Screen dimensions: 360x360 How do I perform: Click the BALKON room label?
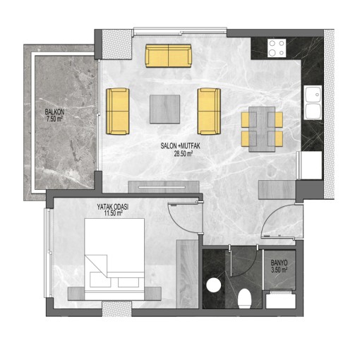[54, 112]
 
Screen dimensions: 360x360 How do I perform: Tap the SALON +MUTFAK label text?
[180, 146]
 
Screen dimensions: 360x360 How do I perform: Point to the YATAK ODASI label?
[113, 207]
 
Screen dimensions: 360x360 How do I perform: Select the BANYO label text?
[279, 263]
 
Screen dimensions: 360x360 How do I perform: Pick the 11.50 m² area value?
[113, 213]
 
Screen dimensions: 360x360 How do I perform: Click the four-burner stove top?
[277, 48]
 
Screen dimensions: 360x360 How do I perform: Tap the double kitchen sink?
[313, 102]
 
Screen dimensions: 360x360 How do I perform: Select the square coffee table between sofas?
[165, 109]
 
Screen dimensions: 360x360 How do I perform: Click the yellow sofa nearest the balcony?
[118, 112]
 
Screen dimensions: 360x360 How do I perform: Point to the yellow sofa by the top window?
[169, 56]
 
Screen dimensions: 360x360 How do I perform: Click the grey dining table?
[262, 129]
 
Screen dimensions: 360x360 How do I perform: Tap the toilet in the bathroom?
[245, 298]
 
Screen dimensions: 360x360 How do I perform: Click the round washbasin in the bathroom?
[214, 285]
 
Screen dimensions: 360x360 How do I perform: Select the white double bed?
[114, 259]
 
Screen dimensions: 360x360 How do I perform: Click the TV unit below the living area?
[164, 187]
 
